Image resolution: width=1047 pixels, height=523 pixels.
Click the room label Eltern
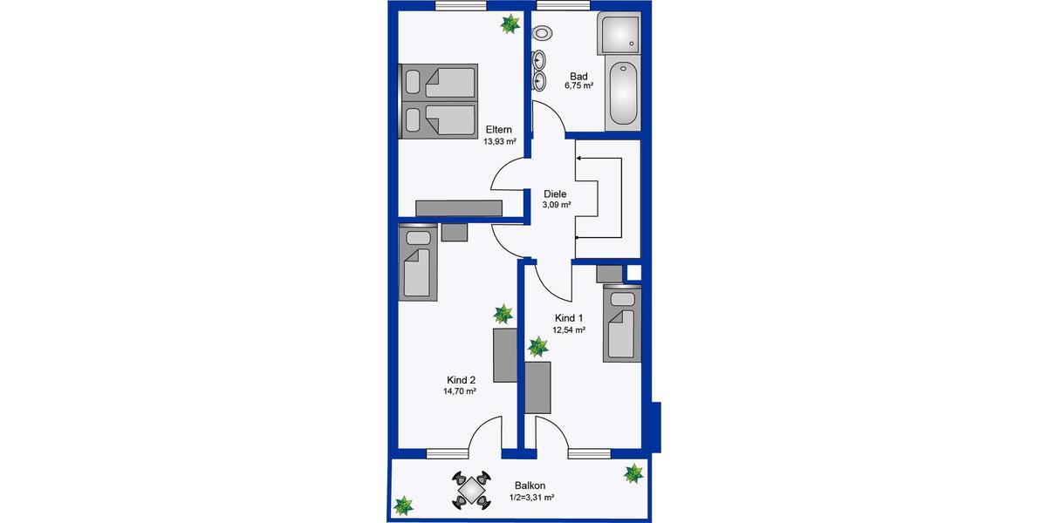click(x=498, y=130)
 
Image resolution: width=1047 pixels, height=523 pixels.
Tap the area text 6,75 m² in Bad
click(x=578, y=86)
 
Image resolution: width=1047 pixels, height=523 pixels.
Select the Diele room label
click(x=555, y=194)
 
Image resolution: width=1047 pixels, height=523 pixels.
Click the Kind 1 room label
click(x=568, y=318)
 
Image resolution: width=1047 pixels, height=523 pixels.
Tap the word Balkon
click(x=531, y=486)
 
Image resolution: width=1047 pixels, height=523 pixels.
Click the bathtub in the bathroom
click(x=623, y=95)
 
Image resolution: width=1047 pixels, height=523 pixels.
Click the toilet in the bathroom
click(x=544, y=33)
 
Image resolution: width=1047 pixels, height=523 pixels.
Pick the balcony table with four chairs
click(x=471, y=490)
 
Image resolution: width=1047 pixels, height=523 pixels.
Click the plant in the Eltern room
click(x=509, y=25)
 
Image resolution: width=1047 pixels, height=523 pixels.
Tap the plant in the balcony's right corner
click(x=633, y=474)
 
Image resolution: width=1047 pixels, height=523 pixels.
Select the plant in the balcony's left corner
click(x=403, y=505)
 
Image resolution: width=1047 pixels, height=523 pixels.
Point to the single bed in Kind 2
click(x=418, y=263)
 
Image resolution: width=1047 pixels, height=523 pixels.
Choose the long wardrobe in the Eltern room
click(x=459, y=207)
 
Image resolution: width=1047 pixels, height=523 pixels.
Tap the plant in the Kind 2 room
click(x=503, y=313)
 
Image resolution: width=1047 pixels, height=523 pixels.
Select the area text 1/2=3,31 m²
click(x=531, y=498)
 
